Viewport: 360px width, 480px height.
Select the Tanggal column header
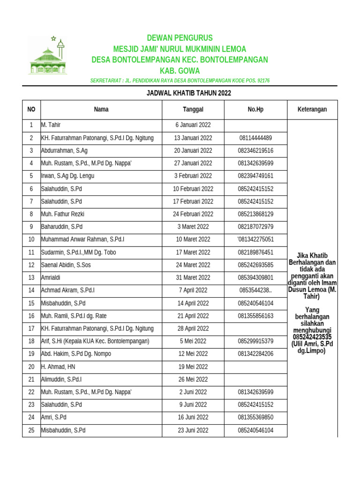(193, 109)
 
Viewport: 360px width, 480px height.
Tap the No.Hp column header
(255, 109)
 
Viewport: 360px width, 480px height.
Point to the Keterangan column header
(312, 109)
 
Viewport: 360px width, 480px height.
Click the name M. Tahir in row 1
(51, 125)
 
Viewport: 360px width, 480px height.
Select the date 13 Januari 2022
(193, 138)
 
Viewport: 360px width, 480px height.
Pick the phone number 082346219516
(255, 150)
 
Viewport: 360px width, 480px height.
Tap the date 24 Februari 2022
(193, 214)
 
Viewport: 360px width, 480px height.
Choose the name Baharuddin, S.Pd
(62, 227)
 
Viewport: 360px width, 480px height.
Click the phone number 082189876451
(255, 252)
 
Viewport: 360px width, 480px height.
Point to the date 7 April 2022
(193, 290)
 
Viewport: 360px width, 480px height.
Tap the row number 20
(31, 367)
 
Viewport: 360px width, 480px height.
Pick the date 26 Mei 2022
(193, 379)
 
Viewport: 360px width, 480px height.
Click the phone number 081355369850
(255, 417)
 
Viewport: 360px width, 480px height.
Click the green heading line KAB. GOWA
(180, 71)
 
